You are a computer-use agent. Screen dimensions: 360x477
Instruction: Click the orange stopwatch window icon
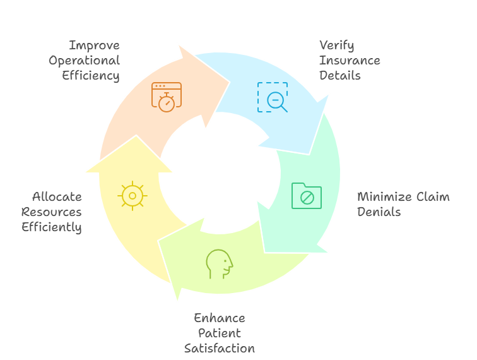[166, 97]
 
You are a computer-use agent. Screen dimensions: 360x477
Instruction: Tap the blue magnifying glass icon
[273, 97]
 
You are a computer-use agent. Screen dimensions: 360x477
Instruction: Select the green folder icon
[307, 196]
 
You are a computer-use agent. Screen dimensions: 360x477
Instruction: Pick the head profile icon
[220, 263]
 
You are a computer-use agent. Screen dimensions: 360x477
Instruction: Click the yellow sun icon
[132, 196]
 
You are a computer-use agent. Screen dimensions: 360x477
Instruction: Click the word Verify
[336, 45]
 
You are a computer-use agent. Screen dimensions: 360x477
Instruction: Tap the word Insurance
[350, 61]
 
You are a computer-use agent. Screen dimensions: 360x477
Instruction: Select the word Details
[339, 76]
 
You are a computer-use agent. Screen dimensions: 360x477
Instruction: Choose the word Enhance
[219, 318]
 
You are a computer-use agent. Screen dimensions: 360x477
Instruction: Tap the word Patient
[220, 333]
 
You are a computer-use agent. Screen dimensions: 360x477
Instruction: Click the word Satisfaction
[220, 348]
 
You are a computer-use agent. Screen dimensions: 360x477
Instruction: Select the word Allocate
[57, 197]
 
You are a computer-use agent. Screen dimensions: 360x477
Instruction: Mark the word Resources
[52, 212]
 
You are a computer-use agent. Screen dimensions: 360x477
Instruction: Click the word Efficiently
[52, 227]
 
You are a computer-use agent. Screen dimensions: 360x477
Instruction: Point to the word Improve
[94, 45]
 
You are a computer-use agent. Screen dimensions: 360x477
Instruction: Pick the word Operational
[84, 61]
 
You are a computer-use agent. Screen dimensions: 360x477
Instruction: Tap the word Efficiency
[90, 76]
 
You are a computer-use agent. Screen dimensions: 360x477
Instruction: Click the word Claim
[432, 197]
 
